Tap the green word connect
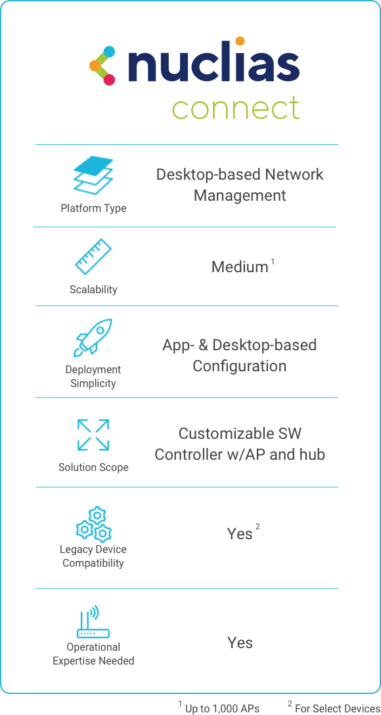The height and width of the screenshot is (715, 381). [236, 108]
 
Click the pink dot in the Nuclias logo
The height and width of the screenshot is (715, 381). [109, 80]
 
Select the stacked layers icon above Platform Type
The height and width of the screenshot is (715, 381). [93, 175]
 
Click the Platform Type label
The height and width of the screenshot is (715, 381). [94, 209]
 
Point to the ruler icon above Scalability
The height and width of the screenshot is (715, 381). [93, 256]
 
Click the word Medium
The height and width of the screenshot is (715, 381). [240, 267]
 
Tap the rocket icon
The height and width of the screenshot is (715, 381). [93, 337]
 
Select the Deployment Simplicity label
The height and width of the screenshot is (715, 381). [93, 377]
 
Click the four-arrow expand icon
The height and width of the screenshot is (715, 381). [93, 435]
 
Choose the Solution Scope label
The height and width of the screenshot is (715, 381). [93, 468]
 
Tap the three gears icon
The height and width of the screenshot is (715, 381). [94, 524]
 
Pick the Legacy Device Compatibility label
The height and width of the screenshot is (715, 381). [93, 556]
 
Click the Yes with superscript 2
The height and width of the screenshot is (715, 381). [240, 533]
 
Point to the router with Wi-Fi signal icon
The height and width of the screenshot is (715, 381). [93, 622]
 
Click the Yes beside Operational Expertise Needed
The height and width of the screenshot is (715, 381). [240, 643]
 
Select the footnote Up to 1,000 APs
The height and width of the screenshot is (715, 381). [219, 707]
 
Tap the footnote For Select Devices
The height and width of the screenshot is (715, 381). [334, 707]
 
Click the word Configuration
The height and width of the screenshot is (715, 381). [240, 366]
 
